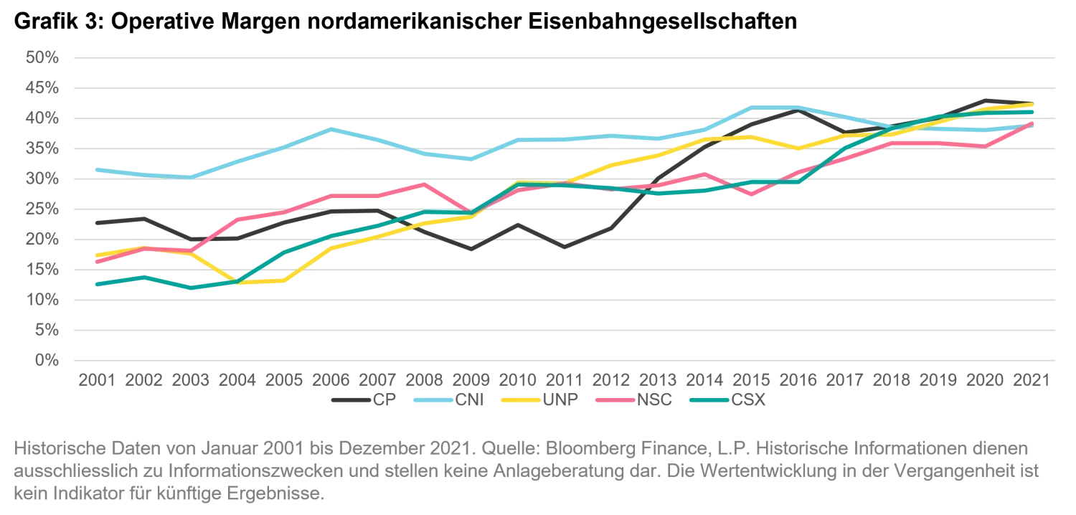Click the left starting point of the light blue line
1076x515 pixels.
click(x=95, y=169)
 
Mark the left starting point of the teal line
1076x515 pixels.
click(x=95, y=284)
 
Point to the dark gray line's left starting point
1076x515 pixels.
click(x=95, y=224)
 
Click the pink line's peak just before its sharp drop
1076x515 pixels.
click(x=423, y=184)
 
